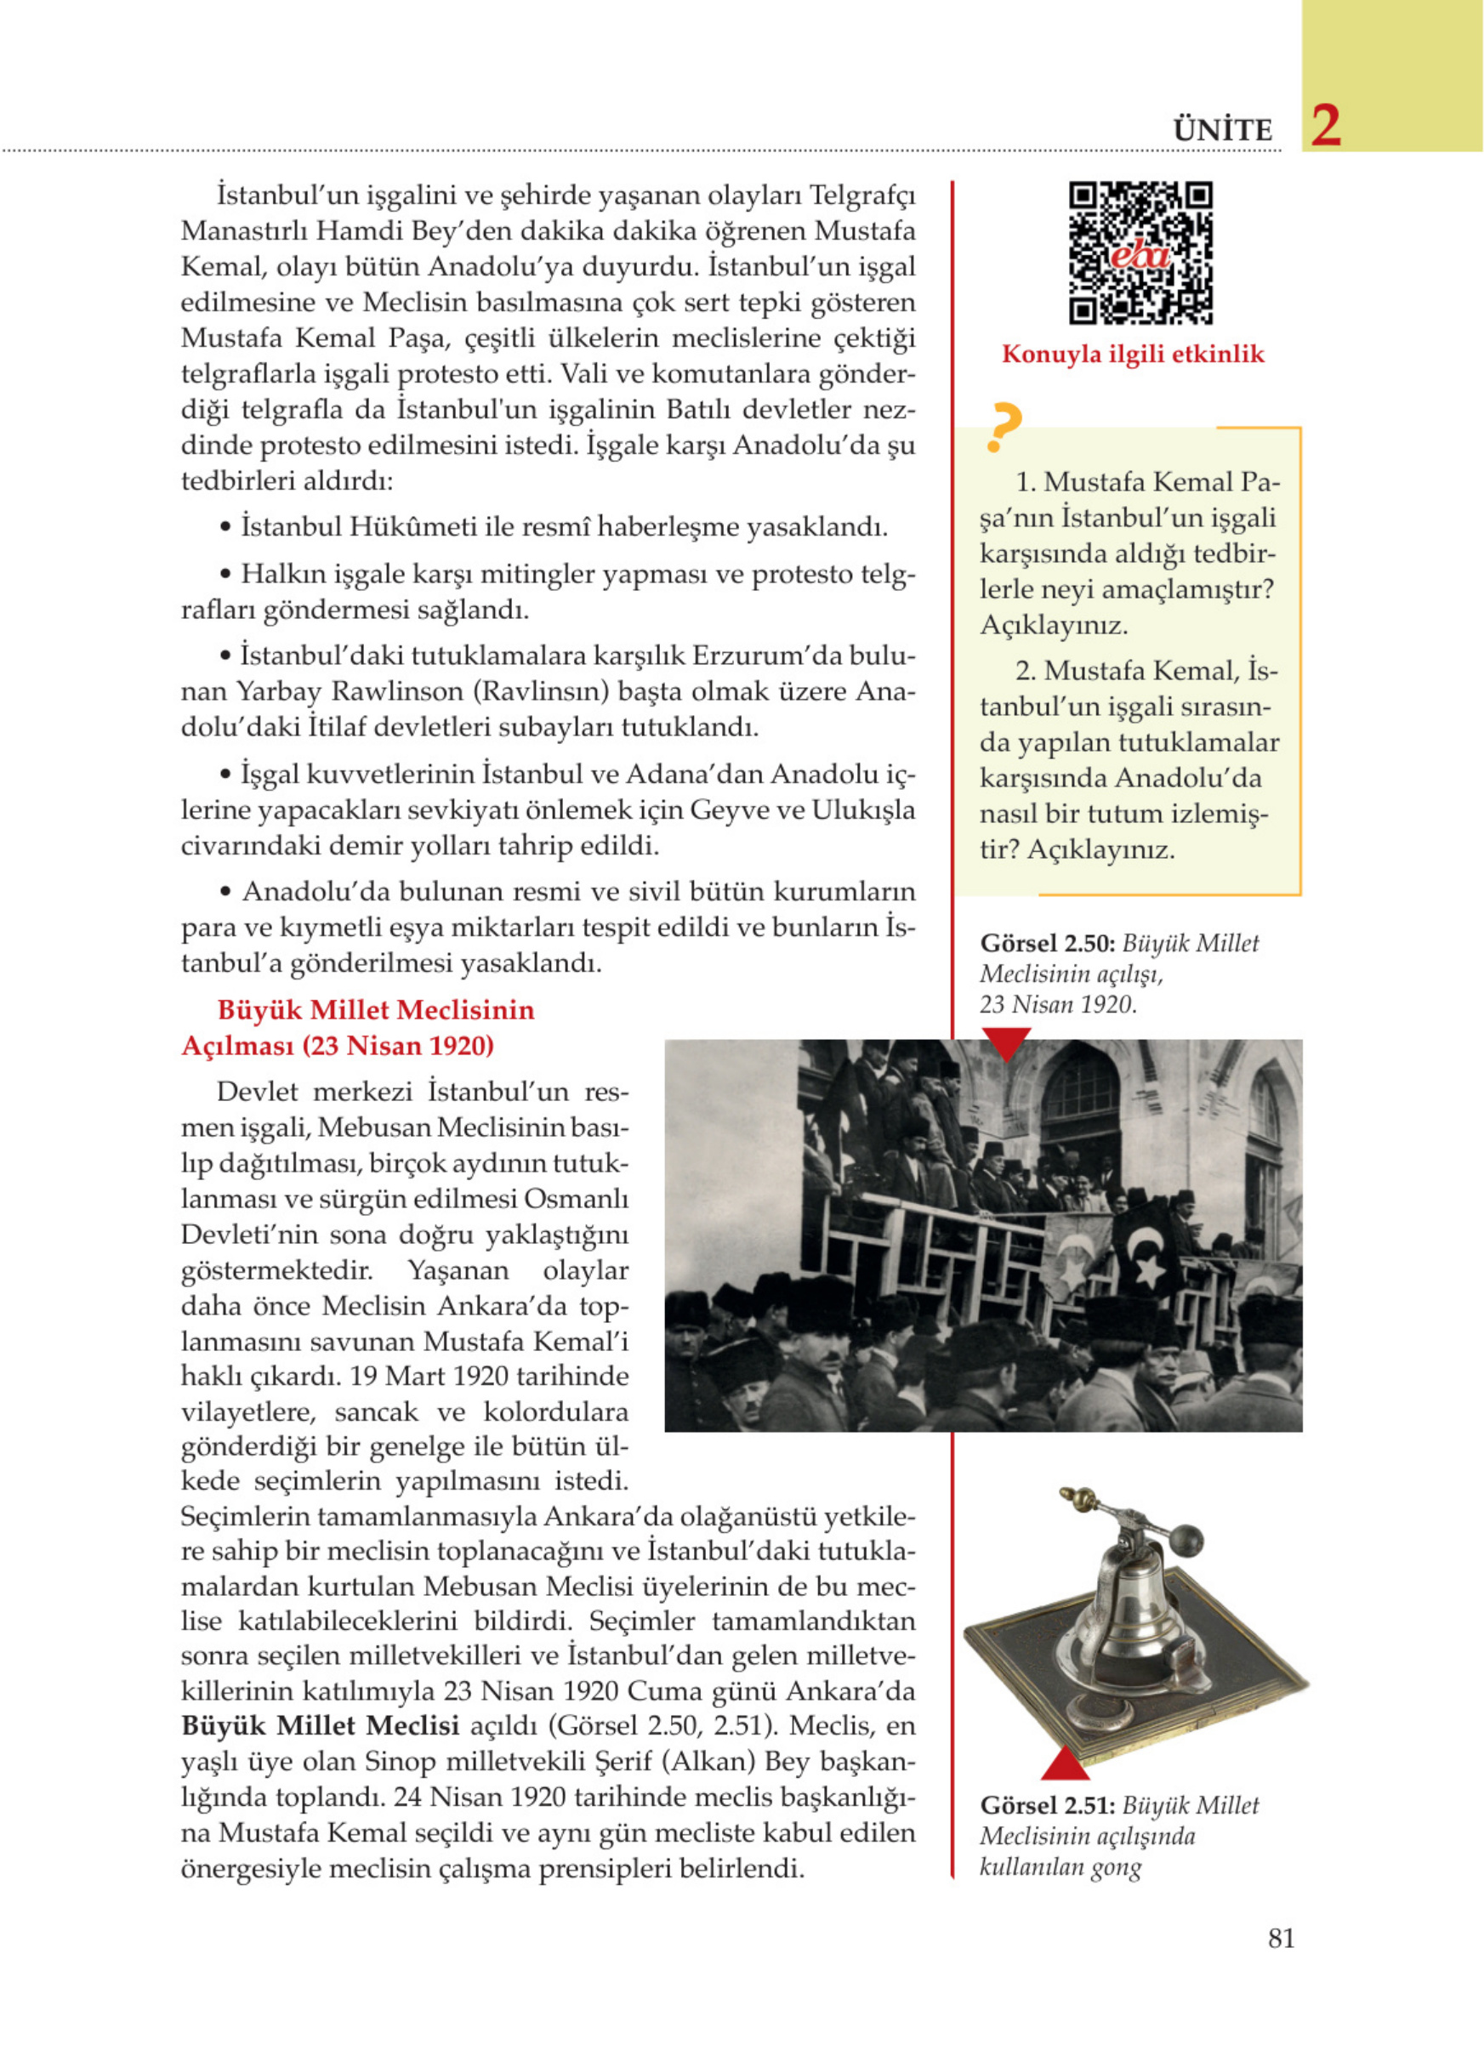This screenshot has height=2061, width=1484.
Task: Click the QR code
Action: tap(1140, 253)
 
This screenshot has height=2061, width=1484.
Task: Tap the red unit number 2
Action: tap(1326, 127)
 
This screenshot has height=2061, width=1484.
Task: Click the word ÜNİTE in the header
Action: tap(1222, 130)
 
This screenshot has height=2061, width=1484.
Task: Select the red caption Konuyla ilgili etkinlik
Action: tap(1132, 355)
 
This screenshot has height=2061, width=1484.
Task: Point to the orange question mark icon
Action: tap(1004, 427)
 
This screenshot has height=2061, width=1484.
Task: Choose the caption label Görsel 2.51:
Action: tap(1047, 1806)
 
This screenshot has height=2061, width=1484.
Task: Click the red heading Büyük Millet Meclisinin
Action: tap(375, 1009)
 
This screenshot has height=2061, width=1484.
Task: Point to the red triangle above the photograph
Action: tap(1005, 1042)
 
